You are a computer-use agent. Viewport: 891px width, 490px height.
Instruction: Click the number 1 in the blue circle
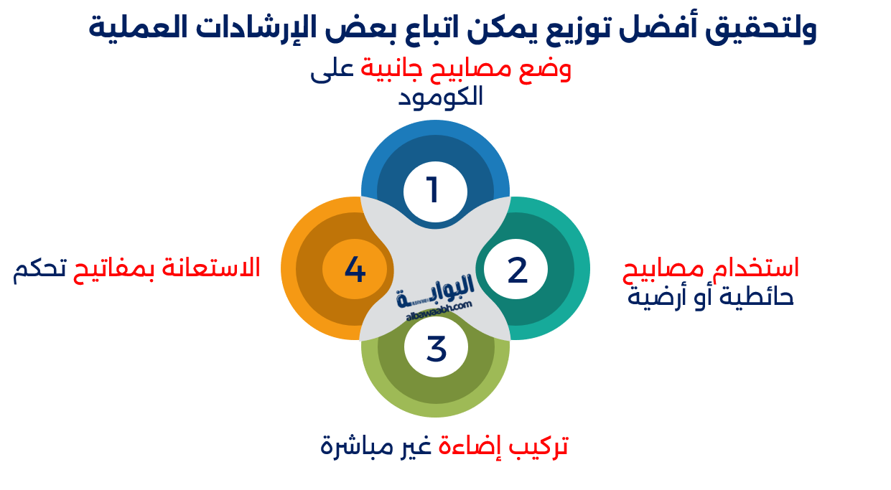point(433,190)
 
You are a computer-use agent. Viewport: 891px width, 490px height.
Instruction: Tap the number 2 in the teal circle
point(517,270)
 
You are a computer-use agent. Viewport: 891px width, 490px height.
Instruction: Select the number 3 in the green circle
point(436,349)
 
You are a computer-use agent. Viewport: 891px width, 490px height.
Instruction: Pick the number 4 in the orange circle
point(355,270)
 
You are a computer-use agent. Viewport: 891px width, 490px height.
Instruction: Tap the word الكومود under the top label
point(440,96)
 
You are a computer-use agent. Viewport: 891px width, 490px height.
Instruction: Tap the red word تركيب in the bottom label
point(538,446)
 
